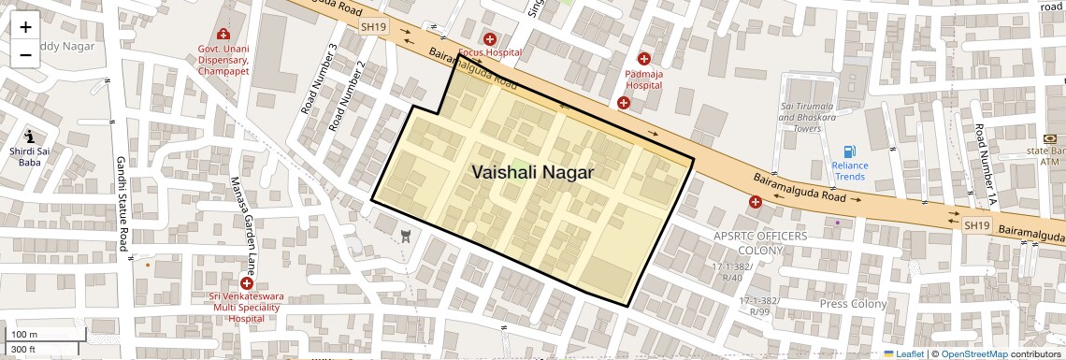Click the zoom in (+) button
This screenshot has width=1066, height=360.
25,27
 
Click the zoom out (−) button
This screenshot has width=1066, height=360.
25,54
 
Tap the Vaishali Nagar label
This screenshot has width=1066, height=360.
532,172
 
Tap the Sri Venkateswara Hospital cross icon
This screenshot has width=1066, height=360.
247,282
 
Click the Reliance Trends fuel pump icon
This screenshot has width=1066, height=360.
849,151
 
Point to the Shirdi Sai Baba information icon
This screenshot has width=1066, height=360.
30,136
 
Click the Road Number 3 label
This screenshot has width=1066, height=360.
319,79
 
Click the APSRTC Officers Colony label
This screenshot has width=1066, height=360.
759,244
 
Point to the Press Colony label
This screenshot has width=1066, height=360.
852,304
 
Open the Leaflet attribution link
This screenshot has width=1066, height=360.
903,353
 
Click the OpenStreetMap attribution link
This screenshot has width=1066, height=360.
973,353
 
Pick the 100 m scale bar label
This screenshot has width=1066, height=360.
24,334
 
